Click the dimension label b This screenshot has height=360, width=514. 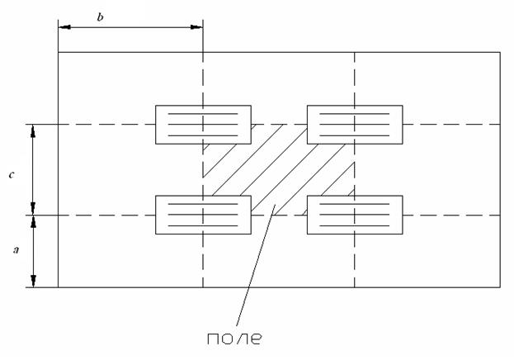100,17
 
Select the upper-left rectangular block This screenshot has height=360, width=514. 203,125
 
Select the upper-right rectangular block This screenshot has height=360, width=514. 354,125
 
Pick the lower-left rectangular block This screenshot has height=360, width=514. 203,216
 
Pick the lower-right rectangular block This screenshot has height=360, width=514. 354,216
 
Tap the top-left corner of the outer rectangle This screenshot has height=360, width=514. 58,52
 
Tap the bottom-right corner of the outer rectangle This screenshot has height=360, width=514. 500,287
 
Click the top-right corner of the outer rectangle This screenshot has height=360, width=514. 500,52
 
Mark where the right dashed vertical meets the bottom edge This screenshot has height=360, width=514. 354,287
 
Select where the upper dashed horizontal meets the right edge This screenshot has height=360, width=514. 500,125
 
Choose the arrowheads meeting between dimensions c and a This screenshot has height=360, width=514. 33,216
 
